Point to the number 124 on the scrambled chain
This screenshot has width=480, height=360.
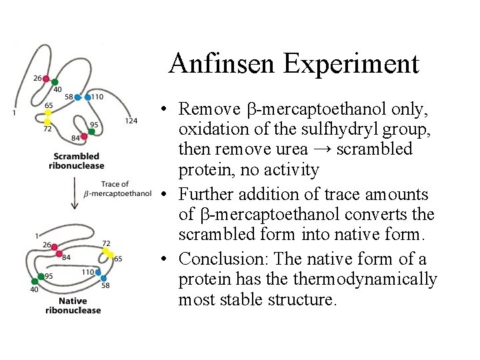pyautogui.click(x=131, y=121)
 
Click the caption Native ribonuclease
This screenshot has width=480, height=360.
pyautogui.click(x=73, y=305)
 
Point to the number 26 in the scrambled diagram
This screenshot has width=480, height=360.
pyautogui.click(x=37, y=78)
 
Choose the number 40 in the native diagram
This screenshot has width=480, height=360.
pyautogui.click(x=35, y=289)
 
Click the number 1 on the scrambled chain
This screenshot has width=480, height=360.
pyautogui.click(x=14, y=113)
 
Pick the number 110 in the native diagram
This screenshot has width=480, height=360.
pyautogui.click(x=87, y=272)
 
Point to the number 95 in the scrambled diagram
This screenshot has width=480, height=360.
pyautogui.click(x=94, y=125)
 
